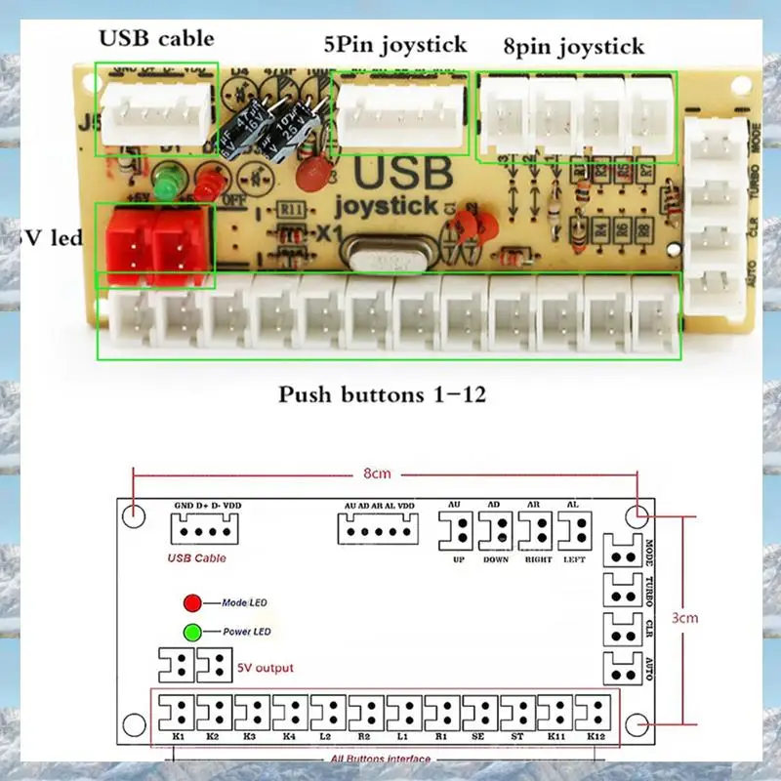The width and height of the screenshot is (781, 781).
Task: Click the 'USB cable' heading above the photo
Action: [x=156, y=39]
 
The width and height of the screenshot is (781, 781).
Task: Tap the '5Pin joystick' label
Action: [x=395, y=44]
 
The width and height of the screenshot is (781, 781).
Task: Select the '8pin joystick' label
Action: [x=573, y=46]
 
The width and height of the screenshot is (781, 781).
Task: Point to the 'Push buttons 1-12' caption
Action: [x=382, y=395]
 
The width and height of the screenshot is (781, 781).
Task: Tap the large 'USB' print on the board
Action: [x=403, y=174]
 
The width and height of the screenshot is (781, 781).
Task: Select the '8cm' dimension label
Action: [x=378, y=473]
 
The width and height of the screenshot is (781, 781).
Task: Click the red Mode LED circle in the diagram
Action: [x=192, y=603]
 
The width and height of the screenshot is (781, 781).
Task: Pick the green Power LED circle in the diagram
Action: [x=192, y=632]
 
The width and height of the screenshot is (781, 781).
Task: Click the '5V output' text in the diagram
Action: [x=265, y=668]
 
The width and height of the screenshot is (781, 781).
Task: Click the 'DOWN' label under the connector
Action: [x=497, y=560]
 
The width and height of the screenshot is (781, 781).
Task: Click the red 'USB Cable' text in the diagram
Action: [x=198, y=558]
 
